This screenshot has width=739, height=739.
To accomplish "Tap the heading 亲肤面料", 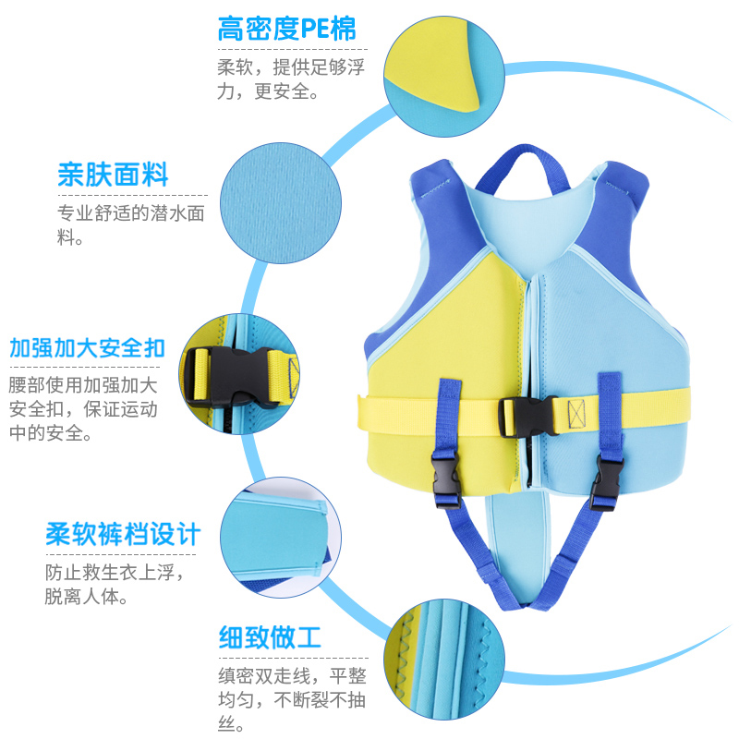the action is [x=113, y=175].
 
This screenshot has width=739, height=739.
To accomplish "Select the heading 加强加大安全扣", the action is [x=87, y=348].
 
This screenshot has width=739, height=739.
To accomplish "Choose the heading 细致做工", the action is [x=269, y=636].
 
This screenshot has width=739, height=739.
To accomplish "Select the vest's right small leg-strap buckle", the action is [x=608, y=479].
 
